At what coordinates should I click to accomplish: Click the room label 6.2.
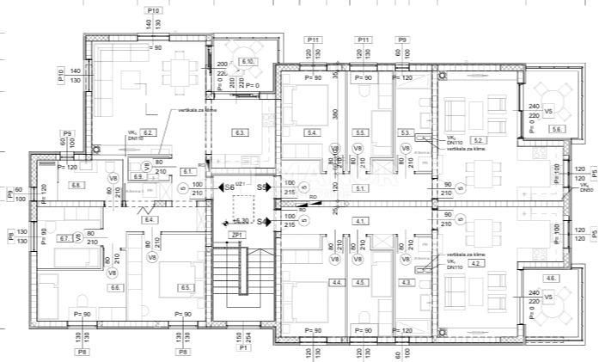point(148,133)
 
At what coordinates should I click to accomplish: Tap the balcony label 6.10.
point(250,62)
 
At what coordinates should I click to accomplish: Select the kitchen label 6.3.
point(241,133)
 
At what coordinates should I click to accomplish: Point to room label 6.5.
point(184,287)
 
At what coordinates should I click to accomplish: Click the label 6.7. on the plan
point(64,238)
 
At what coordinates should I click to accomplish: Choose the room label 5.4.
point(313,133)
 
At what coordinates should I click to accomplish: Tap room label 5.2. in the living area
point(479,139)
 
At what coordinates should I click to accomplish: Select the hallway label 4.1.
point(361,221)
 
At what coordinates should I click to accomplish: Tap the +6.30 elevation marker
point(241,221)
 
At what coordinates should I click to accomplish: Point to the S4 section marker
point(262,222)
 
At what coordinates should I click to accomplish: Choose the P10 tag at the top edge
point(155,9)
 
